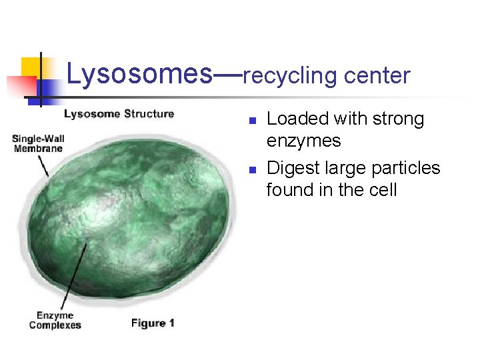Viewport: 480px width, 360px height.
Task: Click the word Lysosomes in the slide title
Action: (137, 75)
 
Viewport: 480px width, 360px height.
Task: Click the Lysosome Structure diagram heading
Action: (119, 114)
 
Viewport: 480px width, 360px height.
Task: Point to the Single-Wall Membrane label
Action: (38, 143)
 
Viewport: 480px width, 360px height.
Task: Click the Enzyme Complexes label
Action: (55, 320)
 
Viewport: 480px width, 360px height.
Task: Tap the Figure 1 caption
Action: (153, 323)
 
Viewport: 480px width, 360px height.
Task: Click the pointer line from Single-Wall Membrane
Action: (43, 165)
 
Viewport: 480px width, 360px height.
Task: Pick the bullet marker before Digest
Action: (252, 169)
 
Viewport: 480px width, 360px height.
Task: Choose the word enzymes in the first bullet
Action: (303, 141)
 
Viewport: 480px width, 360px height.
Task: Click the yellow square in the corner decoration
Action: (32, 67)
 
